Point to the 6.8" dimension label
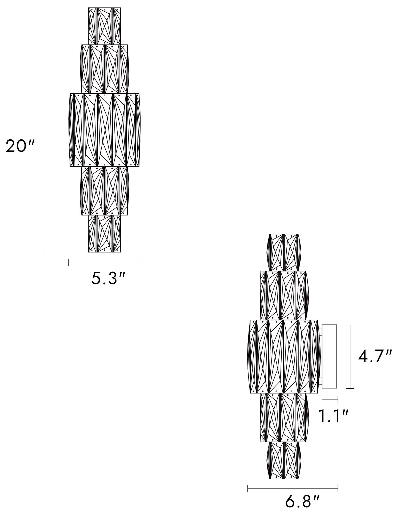302,502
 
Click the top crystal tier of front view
104,26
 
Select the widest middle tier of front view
105,130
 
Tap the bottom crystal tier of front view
104,233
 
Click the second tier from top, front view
104,69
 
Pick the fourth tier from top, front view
104,191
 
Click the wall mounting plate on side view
330,356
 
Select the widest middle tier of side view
284,356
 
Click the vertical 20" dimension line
50,129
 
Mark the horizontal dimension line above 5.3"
105,262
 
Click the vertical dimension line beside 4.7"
350,356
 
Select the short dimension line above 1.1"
330,399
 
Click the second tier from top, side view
284,295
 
